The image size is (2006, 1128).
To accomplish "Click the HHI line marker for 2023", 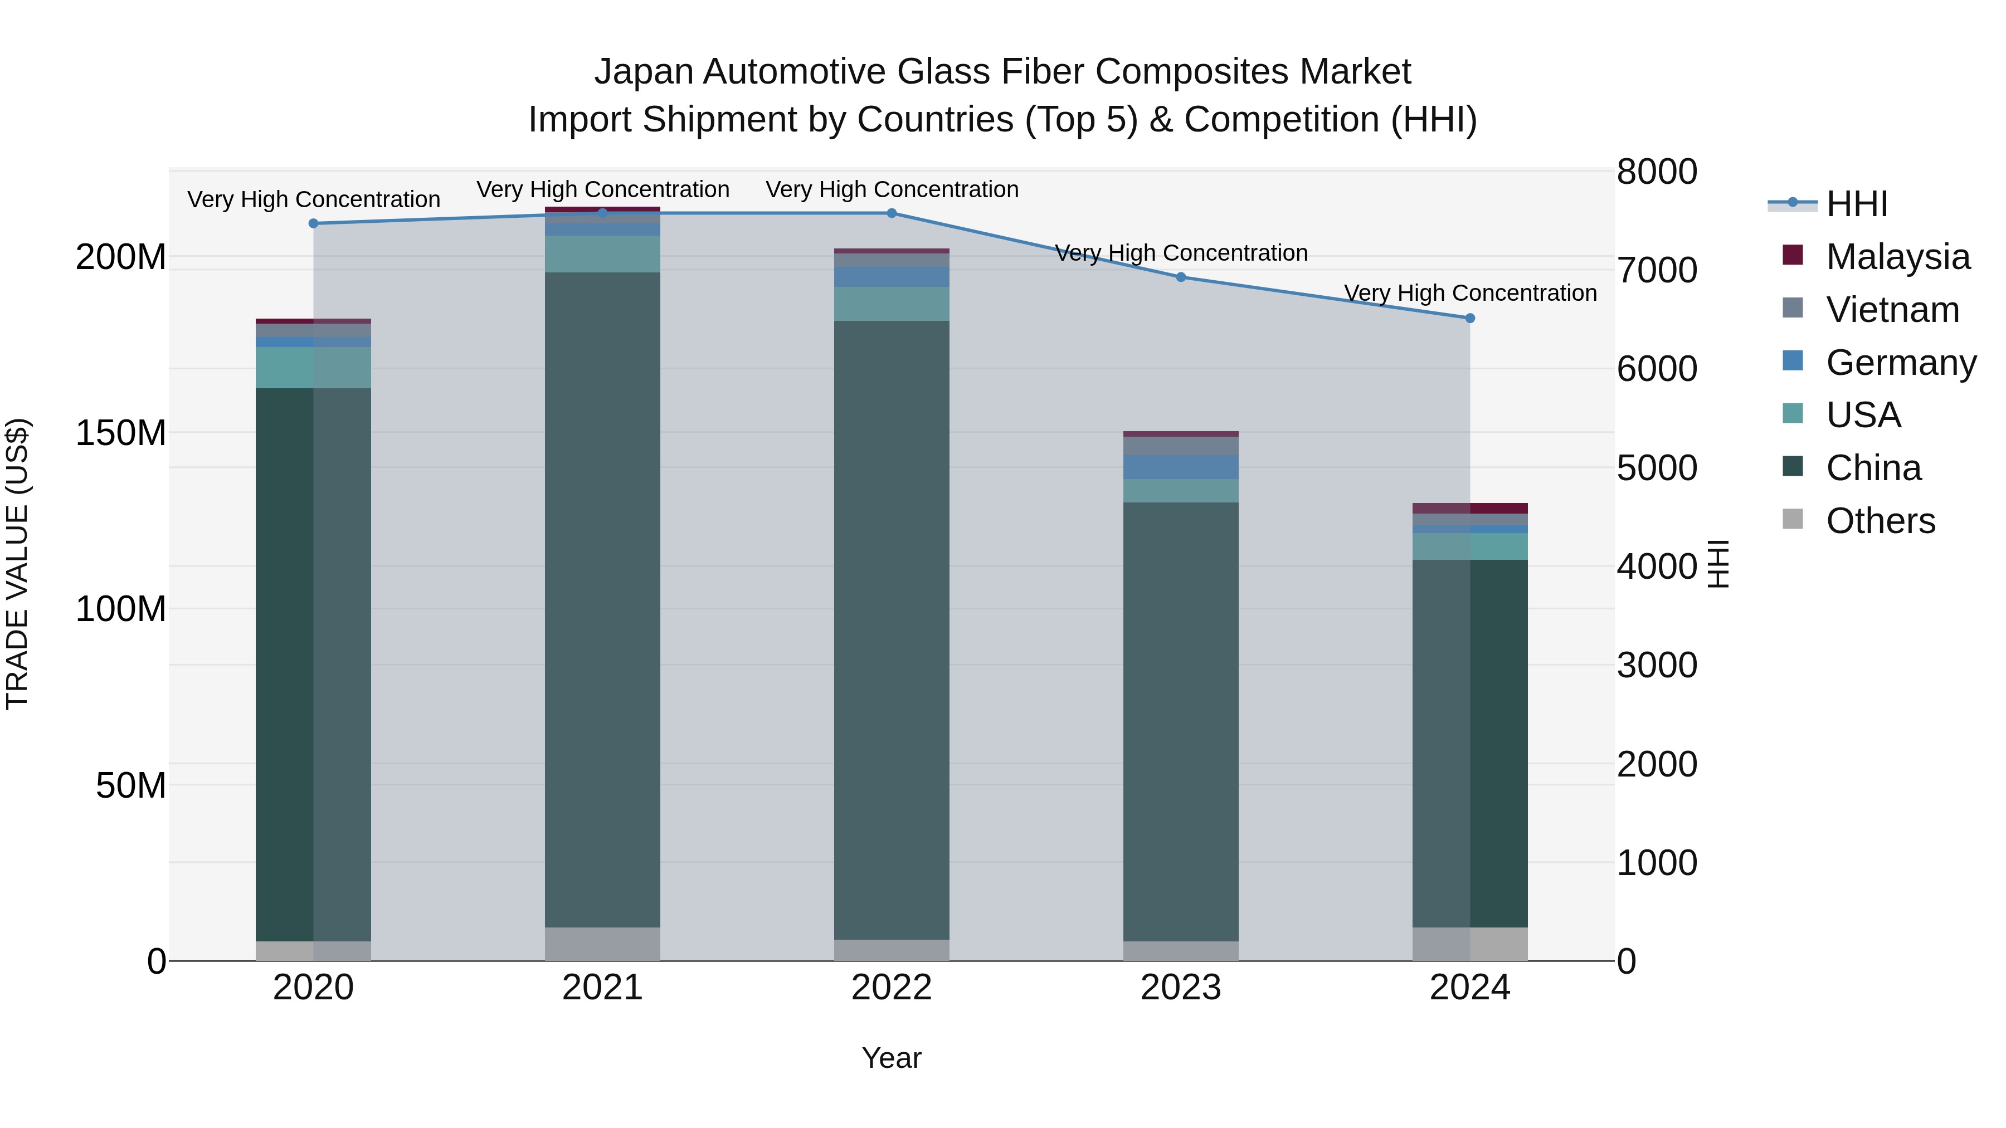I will click(1181, 277).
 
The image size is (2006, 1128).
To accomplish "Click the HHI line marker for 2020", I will click(313, 223).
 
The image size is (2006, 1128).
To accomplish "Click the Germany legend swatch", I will click(1793, 361).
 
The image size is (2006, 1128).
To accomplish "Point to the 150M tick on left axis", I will click(121, 433).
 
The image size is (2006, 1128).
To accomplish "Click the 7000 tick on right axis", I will click(1657, 270).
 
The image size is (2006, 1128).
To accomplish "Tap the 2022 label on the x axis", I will click(892, 988).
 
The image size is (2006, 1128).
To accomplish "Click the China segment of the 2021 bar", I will click(602, 599).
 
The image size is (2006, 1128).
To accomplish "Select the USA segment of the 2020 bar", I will click(313, 368).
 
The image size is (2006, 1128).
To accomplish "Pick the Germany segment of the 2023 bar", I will click(1181, 467).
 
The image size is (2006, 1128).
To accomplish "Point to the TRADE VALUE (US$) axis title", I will click(17, 564).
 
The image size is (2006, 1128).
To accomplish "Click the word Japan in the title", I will click(643, 72).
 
